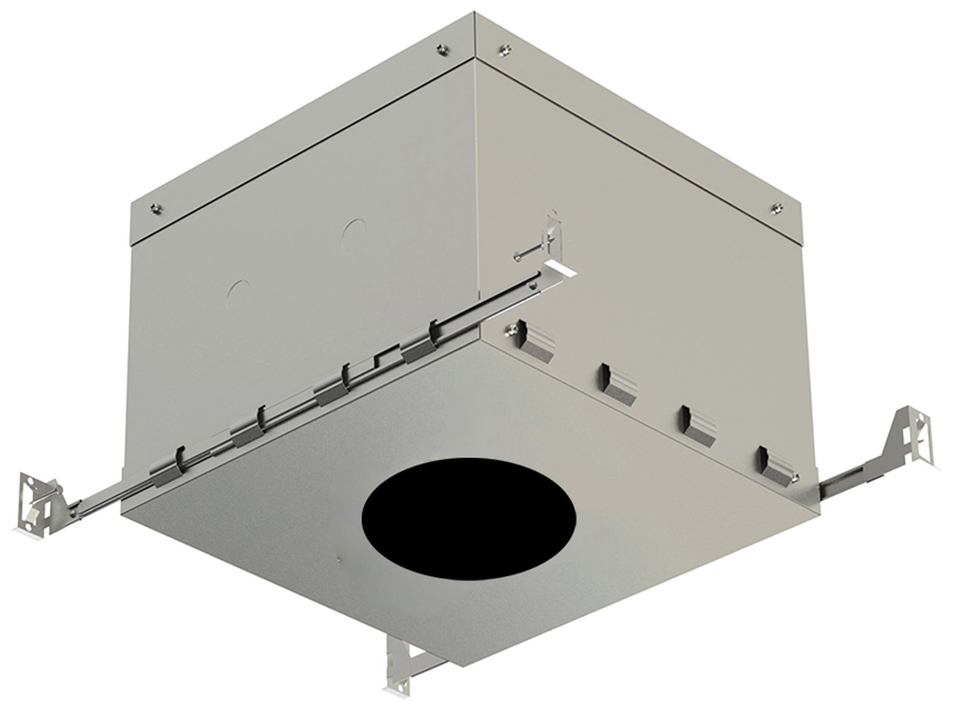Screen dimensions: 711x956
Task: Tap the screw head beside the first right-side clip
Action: tap(512, 329)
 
